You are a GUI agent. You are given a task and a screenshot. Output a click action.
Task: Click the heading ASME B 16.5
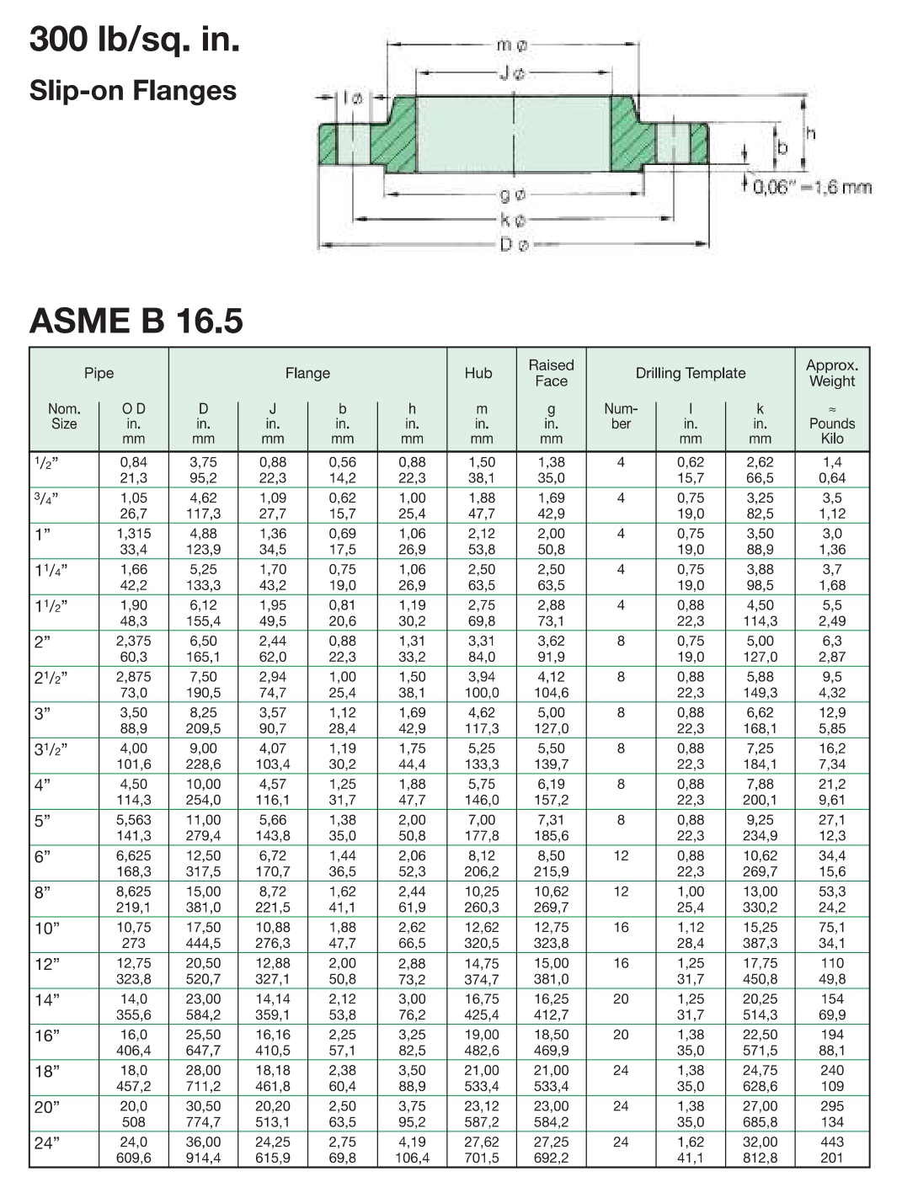pyautogui.click(x=136, y=320)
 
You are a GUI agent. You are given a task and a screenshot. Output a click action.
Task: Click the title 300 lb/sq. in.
pyautogui.click(x=135, y=39)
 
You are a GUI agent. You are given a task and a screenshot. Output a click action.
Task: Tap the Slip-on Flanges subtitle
pyautogui.click(x=133, y=90)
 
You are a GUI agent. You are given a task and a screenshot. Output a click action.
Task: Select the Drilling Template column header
pyautogui.click(x=691, y=373)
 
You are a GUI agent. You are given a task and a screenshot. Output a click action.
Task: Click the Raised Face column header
pyautogui.click(x=551, y=373)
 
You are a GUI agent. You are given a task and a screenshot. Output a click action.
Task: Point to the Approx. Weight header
pyautogui.click(x=832, y=373)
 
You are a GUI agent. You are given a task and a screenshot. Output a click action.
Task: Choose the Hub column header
pyautogui.click(x=478, y=373)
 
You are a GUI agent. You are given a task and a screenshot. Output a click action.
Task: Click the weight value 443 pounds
pyautogui.click(x=832, y=1142)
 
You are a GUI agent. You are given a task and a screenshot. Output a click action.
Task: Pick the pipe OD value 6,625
pyautogui.click(x=133, y=855)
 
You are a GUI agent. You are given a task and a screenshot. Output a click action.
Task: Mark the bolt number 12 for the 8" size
pyautogui.click(x=621, y=892)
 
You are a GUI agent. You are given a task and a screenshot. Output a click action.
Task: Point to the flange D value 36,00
pyautogui.click(x=203, y=1142)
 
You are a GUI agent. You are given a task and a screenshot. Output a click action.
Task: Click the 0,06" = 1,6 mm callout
pyautogui.click(x=812, y=187)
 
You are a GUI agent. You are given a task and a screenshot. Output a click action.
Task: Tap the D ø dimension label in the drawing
pyautogui.click(x=515, y=246)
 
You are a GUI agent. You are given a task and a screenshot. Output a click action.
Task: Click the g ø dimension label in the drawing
pyautogui.click(x=514, y=195)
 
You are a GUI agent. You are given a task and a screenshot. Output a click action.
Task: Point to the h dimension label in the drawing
pyautogui.click(x=811, y=133)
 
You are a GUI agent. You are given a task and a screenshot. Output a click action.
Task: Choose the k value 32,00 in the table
pyautogui.click(x=761, y=1142)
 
